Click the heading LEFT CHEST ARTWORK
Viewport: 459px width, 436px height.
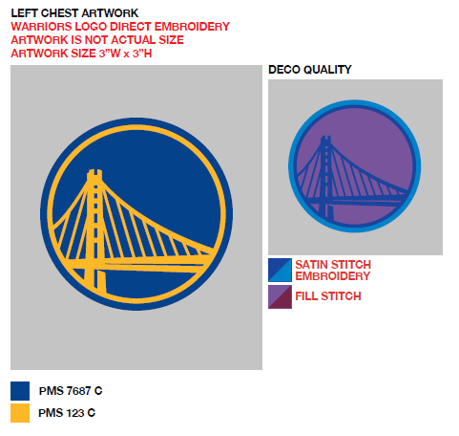[74, 13]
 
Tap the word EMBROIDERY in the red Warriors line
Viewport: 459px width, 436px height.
[192, 27]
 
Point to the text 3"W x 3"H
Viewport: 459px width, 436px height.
[125, 54]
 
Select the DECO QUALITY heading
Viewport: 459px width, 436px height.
[310, 70]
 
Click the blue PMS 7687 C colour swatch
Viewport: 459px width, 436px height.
[20, 391]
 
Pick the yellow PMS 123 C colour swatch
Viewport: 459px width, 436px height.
[20, 413]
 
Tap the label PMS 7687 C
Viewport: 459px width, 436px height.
[71, 391]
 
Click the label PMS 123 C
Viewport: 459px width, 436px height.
[67, 413]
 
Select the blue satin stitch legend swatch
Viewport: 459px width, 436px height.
[280, 270]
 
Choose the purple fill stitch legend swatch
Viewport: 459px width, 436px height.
[280, 296]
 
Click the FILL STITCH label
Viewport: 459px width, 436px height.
[328, 296]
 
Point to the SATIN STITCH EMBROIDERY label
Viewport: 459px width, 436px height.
[333, 271]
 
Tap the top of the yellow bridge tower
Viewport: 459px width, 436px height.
[94, 172]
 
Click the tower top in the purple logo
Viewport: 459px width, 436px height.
[325, 138]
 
